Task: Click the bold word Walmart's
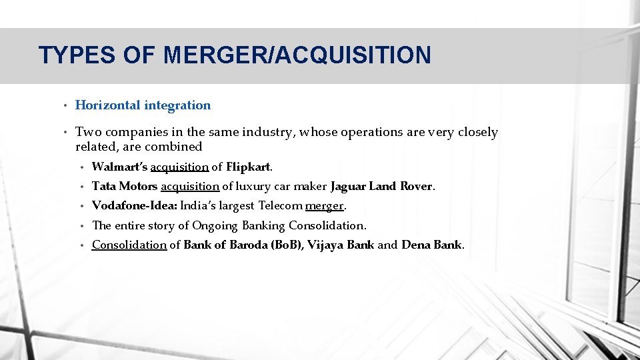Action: (x=120, y=166)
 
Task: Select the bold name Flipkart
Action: (x=249, y=166)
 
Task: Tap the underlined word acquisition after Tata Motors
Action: (x=190, y=186)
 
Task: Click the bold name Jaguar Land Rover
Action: (x=382, y=186)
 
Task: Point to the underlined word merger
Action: (x=324, y=205)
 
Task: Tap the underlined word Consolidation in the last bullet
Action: (x=129, y=245)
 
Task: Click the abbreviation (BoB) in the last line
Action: (x=286, y=245)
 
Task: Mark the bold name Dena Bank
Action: (x=431, y=245)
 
